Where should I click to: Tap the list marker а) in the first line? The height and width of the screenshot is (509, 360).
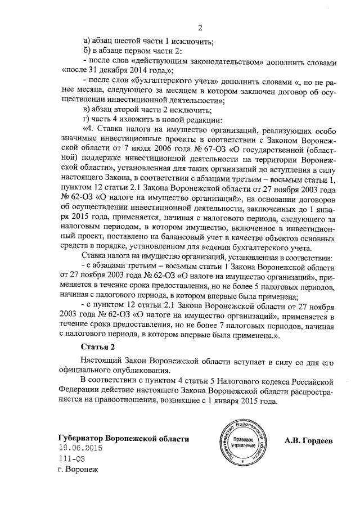pyautogui.click(x=87, y=40)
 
